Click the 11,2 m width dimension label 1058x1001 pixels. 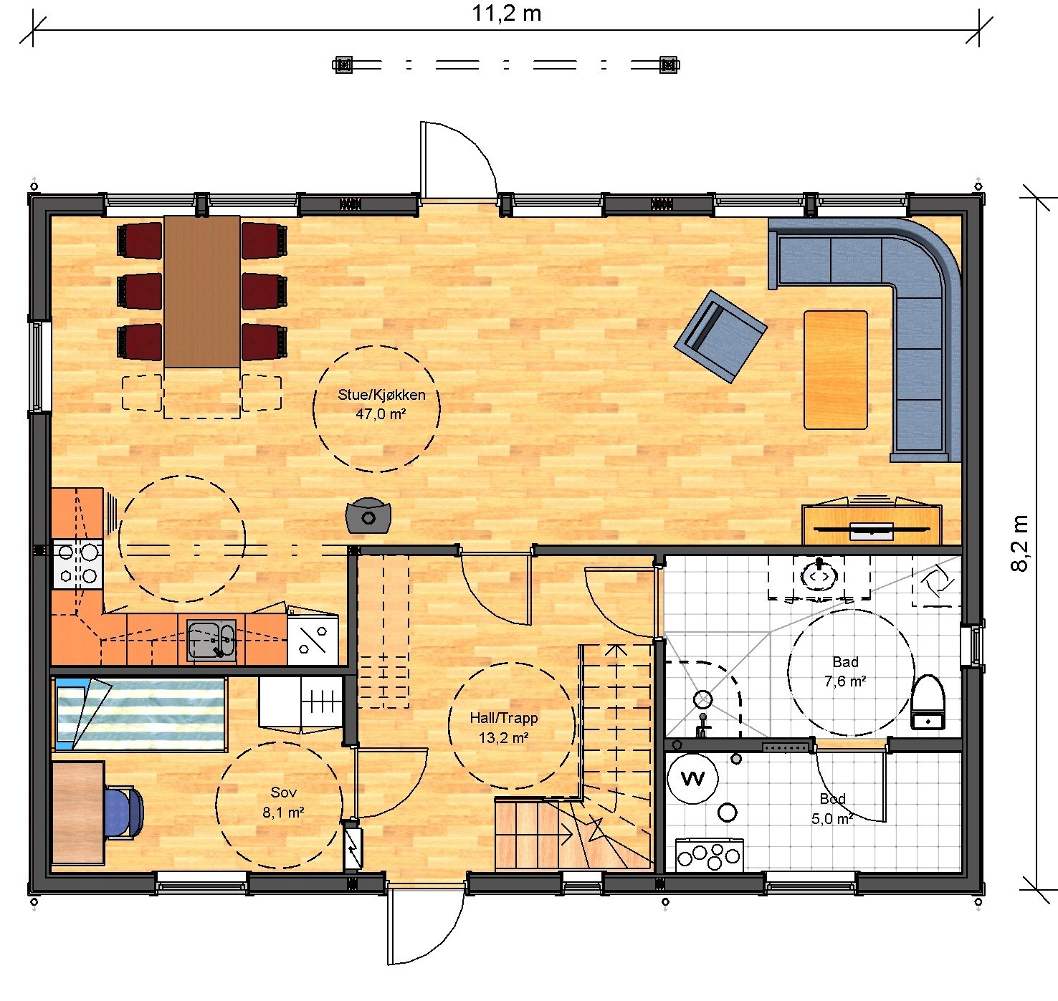506,14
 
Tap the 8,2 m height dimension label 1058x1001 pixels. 1020,543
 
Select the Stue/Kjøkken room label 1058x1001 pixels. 381,395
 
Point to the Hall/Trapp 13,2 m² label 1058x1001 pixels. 504,727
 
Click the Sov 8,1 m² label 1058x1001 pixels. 284,802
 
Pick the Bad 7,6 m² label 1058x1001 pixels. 845,671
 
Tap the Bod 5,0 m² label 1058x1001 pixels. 832,809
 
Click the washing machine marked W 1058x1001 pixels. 692,778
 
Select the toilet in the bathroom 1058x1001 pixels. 928,702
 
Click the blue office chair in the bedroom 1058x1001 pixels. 125,812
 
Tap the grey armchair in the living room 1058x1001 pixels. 720,336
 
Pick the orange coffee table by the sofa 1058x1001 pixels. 836,370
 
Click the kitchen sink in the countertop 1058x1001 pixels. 211,640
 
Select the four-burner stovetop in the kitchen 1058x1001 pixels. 78,565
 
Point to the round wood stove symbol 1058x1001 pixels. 368,516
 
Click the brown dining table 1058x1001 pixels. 202,292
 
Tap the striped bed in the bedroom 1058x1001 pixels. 141,714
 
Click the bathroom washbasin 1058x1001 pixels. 819,576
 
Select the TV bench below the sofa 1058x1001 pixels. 872,525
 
